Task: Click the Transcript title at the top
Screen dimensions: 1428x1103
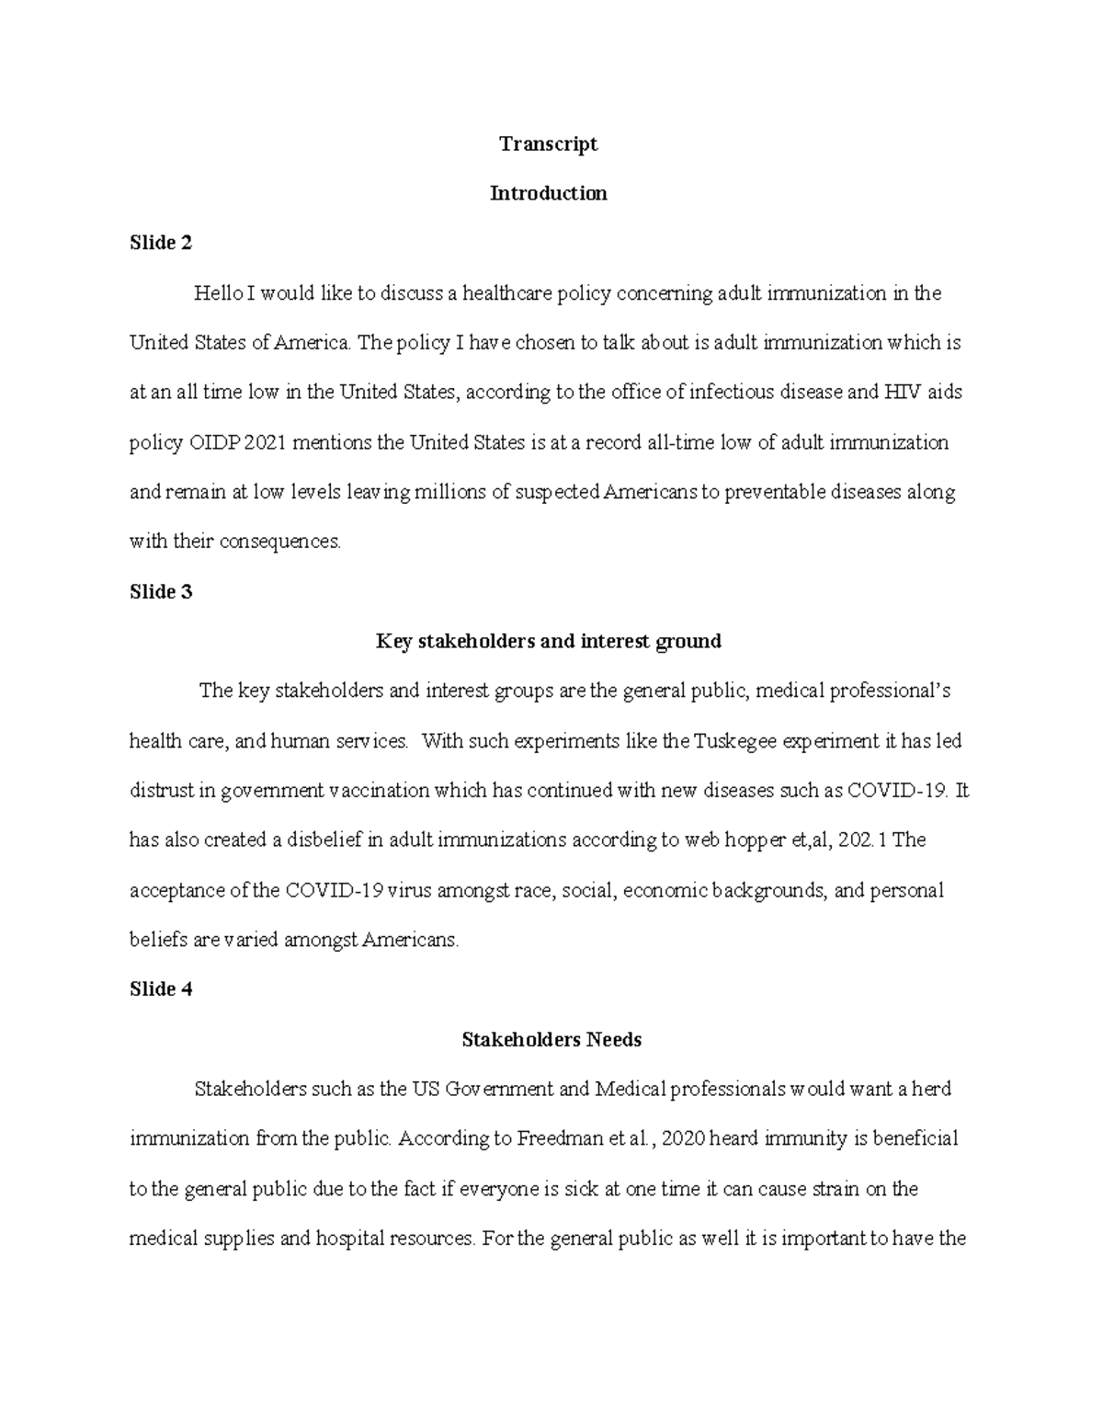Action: tap(548, 143)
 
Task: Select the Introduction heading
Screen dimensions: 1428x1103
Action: tap(548, 193)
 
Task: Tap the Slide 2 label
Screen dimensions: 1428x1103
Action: tap(161, 243)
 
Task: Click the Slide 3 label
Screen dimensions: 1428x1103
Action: tap(161, 591)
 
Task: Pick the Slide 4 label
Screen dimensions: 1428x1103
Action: tap(161, 989)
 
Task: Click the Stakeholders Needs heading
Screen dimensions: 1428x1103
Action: tap(551, 1040)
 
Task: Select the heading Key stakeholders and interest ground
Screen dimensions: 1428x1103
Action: tap(548, 641)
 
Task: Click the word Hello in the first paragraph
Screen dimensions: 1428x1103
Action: tap(218, 293)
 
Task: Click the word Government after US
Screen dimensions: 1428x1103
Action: tap(500, 1090)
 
